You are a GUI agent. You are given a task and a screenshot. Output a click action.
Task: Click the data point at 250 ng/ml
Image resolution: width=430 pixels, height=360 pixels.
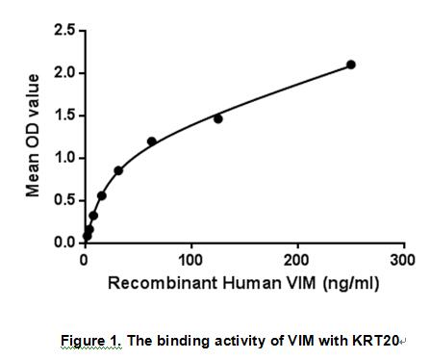351,64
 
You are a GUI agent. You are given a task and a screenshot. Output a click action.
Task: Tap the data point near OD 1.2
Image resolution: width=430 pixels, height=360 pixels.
151,141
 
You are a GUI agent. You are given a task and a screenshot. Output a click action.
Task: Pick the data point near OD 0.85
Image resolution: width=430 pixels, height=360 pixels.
118,170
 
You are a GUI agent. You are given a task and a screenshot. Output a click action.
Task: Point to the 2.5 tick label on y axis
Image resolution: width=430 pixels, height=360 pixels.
63,31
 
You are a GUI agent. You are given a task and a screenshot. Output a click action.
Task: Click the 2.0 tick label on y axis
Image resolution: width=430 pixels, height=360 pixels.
63,73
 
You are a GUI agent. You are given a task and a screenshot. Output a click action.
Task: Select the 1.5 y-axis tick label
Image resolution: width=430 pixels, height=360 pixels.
63,116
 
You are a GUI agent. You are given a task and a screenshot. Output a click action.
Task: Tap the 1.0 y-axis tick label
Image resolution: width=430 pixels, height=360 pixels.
63,158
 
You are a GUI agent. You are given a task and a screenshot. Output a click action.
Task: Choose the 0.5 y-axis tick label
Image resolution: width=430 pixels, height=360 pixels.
63,200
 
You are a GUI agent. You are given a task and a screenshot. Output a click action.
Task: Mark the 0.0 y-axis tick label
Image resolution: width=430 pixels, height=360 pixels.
63,243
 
